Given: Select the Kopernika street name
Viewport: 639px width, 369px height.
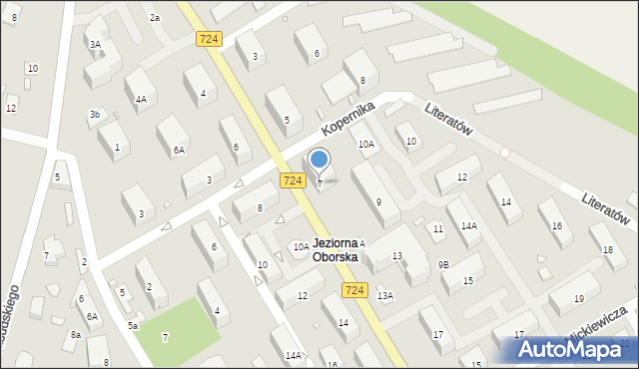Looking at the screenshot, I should (347, 119).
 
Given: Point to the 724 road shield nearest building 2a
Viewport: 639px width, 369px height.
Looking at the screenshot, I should (208, 38).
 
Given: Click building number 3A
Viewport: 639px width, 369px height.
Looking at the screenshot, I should (95, 44).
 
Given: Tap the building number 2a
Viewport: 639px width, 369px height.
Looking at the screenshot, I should (154, 18).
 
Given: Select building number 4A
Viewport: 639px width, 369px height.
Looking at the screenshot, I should (142, 99).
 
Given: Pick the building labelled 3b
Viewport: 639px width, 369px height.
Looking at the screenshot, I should (94, 115).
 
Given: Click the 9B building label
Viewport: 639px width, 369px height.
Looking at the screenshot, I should (443, 264).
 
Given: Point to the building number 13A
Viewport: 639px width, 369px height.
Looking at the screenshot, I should (385, 295).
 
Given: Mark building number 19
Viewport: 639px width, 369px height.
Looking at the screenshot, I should (579, 299).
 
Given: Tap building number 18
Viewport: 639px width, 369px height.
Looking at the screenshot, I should (607, 253).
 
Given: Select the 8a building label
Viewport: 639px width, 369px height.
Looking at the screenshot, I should (75, 335).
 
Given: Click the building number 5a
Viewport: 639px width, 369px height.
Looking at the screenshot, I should (132, 325).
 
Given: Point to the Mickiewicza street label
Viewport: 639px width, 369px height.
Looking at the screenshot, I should (597, 321).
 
